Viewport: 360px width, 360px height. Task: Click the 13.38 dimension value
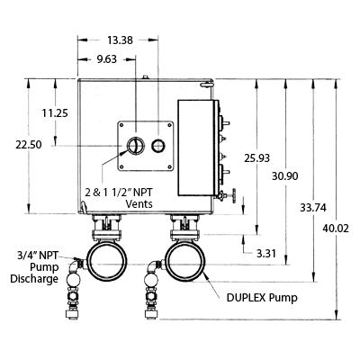120,40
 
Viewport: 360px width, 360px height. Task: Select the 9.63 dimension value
107,59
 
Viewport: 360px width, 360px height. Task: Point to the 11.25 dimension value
55,113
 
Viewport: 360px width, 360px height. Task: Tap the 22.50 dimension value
29,145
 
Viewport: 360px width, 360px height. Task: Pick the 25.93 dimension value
256,157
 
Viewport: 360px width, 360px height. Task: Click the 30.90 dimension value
285,176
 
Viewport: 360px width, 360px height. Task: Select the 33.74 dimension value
313,208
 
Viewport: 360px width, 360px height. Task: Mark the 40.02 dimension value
336,229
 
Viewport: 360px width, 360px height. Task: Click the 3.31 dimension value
265,254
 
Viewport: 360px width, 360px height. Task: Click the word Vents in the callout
139,204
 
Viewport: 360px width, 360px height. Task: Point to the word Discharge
34,279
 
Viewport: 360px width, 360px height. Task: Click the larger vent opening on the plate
135,146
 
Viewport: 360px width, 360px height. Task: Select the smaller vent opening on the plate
157,146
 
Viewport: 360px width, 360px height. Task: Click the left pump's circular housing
87,261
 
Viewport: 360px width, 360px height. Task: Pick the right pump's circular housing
166,261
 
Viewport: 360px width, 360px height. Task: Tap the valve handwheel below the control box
233,196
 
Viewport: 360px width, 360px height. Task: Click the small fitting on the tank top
145,77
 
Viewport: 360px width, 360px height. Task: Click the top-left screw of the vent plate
121,125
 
